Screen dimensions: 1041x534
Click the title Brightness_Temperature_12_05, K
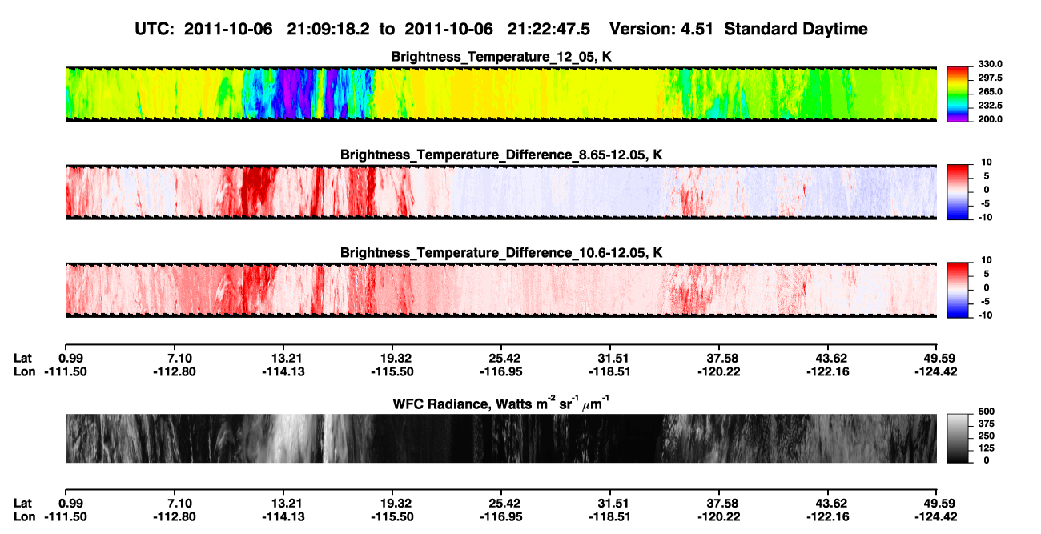[x=501, y=57]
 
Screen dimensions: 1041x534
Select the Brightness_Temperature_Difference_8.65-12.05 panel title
[x=501, y=155]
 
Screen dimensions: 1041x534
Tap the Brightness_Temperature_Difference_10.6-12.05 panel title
[x=501, y=253]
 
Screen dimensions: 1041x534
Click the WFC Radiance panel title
[x=501, y=404]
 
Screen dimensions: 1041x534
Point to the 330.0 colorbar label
[x=990, y=64]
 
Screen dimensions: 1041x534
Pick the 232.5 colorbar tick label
[x=990, y=106]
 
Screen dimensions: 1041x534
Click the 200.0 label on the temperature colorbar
[x=990, y=119]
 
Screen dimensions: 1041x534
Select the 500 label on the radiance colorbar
[x=987, y=412]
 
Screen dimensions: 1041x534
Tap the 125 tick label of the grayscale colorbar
[x=987, y=448]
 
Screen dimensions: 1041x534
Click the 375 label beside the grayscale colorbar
[x=987, y=424]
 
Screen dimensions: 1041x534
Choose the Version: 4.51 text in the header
[x=661, y=29]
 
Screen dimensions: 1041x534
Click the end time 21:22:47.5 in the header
[x=549, y=29]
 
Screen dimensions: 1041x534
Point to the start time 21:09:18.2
[x=328, y=29]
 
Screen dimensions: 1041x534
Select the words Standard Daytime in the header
[x=796, y=30]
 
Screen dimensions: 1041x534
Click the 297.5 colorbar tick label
[x=990, y=78]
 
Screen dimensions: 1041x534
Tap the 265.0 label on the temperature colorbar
[x=990, y=91]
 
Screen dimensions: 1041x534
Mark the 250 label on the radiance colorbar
[x=987, y=436]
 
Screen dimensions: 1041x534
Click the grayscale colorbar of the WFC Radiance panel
[x=958, y=438]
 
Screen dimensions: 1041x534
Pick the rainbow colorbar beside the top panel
[x=958, y=94]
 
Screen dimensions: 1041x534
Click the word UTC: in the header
[x=155, y=29]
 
